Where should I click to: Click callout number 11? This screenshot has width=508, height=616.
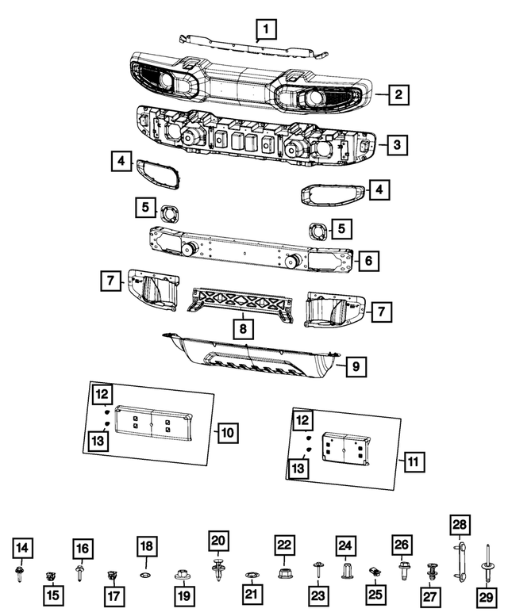[414, 461]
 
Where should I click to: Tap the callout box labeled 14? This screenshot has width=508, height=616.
[22, 546]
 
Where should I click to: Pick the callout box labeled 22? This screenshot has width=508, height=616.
[285, 545]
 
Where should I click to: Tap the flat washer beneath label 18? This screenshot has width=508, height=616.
[146, 573]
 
